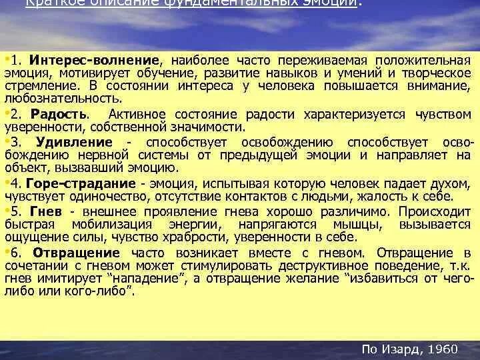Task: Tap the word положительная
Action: [416, 61]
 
